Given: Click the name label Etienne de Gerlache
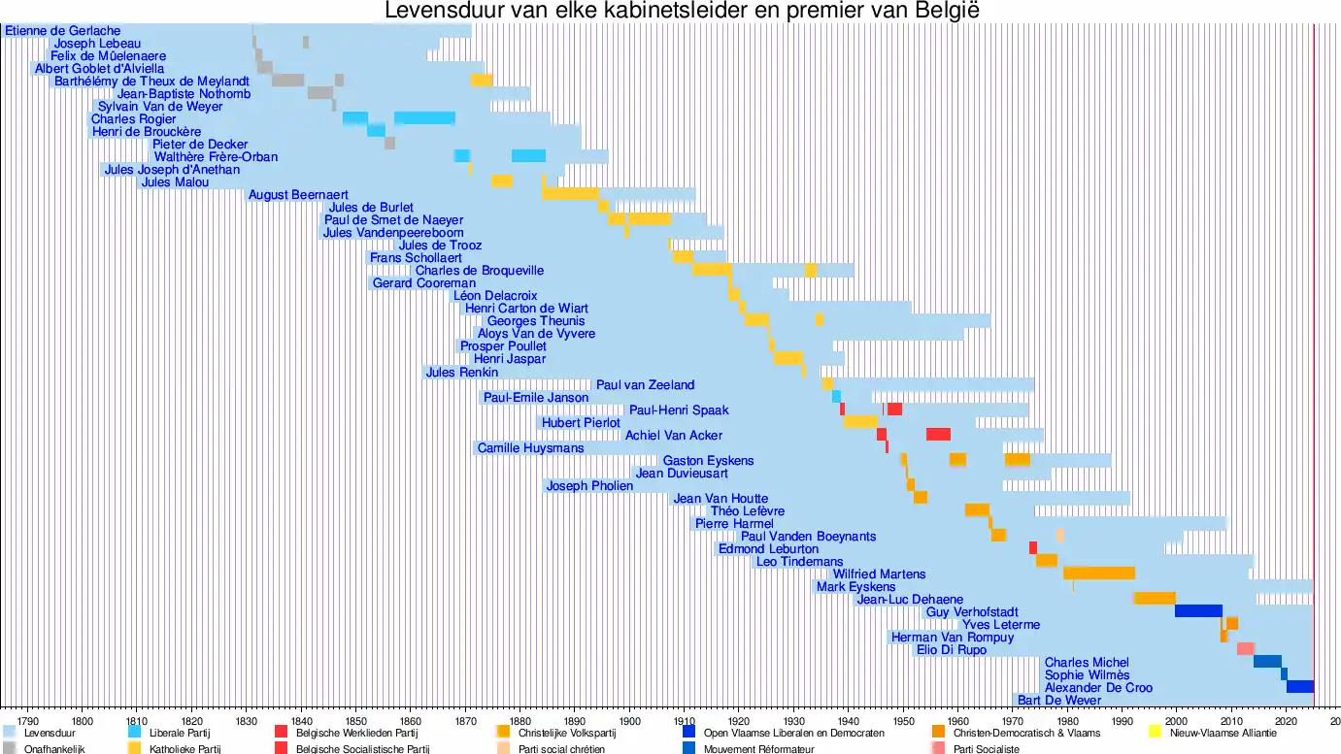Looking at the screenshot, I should click(63, 31).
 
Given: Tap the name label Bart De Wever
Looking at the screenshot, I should click(1059, 700).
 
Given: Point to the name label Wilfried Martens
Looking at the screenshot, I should click(879, 574).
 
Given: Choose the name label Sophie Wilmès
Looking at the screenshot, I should click(1087, 674).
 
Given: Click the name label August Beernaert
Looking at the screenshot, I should click(298, 195).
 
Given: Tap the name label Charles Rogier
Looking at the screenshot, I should click(134, 119).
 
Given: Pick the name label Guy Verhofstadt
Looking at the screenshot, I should click(972, 611).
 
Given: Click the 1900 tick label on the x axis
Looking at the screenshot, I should click(629, 721).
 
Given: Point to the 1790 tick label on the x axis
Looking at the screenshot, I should click(28, 721).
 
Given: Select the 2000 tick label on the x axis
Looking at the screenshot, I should click(1176, 721).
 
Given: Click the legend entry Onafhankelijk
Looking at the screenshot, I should click(54, 749).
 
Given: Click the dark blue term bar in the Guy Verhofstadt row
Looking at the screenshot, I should click(1198, 611).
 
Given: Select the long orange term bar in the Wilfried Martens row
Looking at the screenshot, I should click(1099, 574).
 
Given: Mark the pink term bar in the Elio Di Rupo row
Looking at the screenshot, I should click(1245, 649).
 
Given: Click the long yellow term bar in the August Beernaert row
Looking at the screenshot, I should click(570, 194).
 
